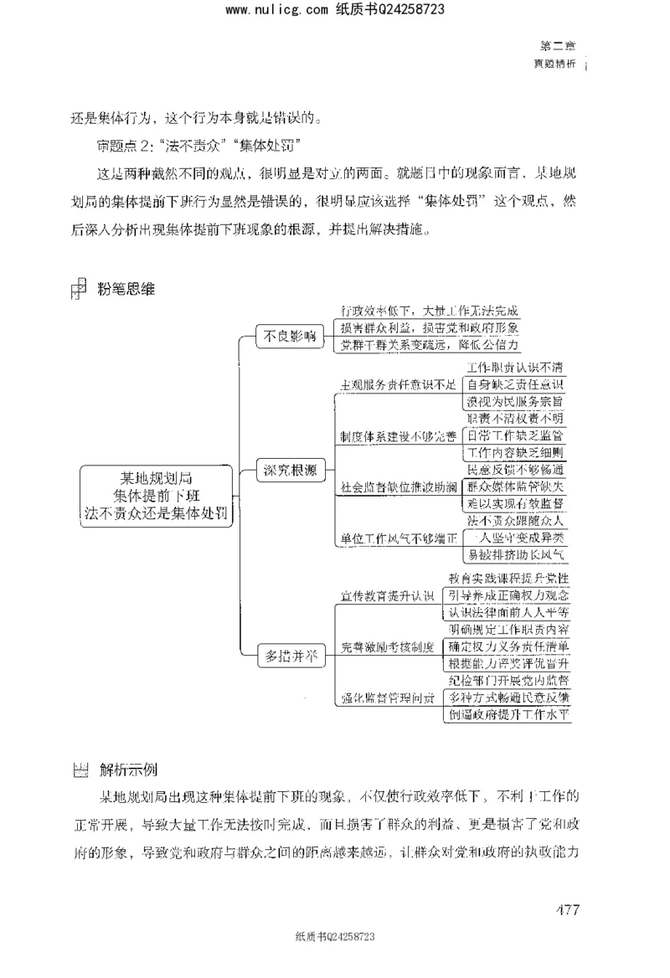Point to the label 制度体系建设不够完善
click(x=398, y=436)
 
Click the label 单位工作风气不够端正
click(x=398, y=537)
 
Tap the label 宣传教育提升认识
click(x=387, y=595)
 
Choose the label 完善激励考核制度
click(x=387, y=646)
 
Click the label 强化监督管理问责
click(x=387, y=697)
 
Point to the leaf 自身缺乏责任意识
click(x=514, y=384)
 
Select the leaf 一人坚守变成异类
click(x=514, y=537)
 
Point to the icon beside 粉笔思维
click(x=80, y=289)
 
